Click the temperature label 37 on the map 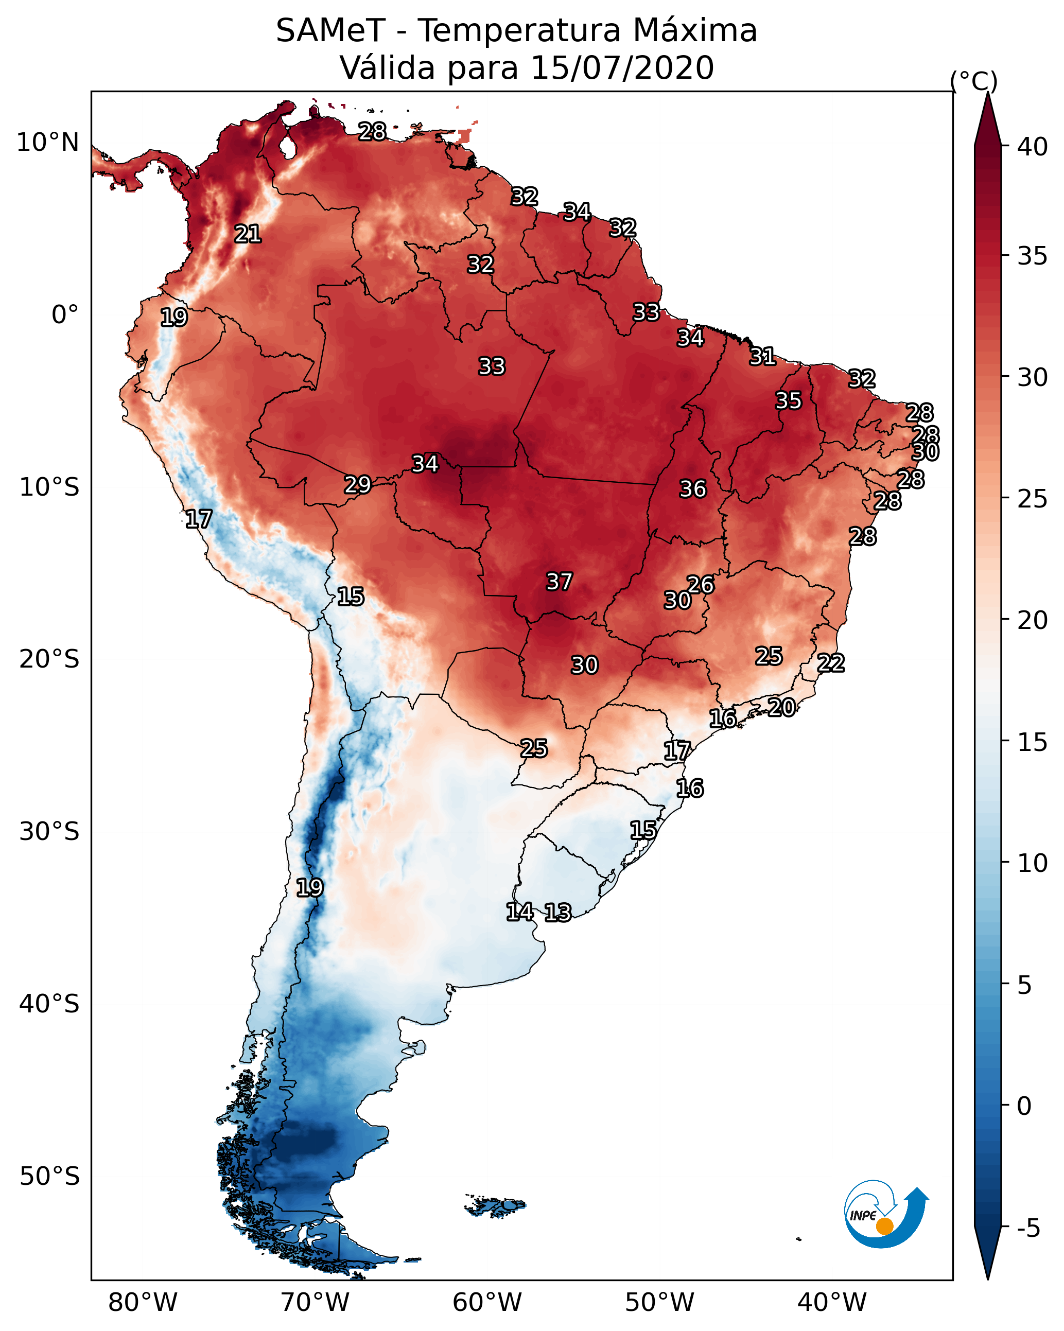coord(559,582)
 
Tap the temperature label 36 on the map coord(692,489)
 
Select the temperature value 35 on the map coord(788,400)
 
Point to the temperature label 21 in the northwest coord(248,234)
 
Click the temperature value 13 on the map coord(557,913)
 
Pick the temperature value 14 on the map coord(519,912)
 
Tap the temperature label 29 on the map coord(358,485)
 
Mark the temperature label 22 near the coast coord(831,663)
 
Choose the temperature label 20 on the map coord(781,707)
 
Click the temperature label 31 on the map coord(762,356)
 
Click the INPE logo coord(885,1214)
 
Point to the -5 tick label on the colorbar coord(1028,1228)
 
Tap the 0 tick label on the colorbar coord(1024,1106)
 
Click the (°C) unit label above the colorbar coord(973,81)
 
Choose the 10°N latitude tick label coord(47,143)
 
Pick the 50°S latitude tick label coord(49,1177)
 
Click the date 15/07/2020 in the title coord(622,68)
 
